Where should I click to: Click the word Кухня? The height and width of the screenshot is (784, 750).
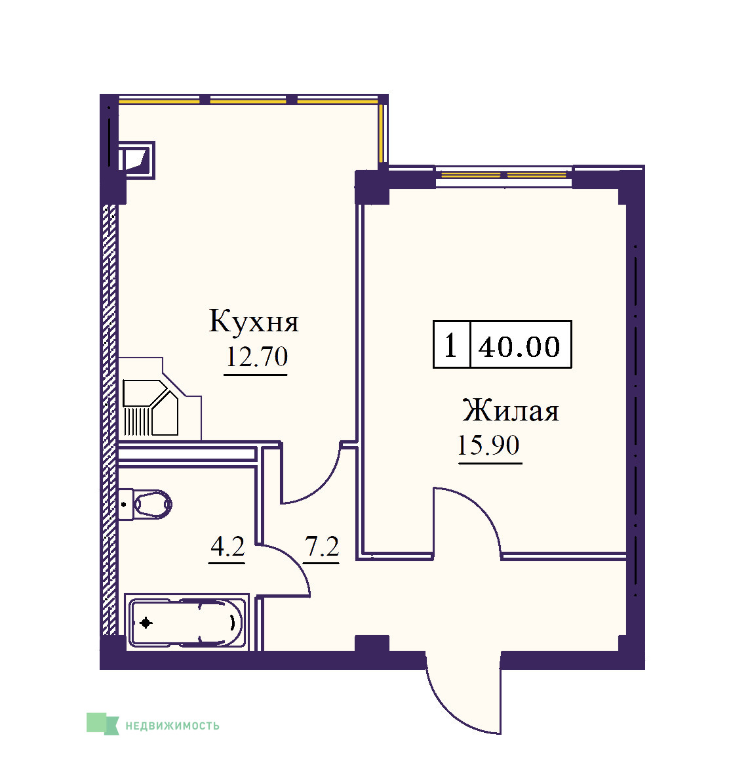(x=254, y=321)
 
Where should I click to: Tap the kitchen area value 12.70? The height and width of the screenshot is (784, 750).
(x=257, y=356)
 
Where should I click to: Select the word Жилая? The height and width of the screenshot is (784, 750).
(x=510, y=411)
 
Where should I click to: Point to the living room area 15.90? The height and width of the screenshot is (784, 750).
(x=488, y=445)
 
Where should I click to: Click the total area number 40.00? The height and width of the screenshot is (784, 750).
(x=519, y=346)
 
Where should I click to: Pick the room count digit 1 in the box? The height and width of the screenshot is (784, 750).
(x=450, y=346)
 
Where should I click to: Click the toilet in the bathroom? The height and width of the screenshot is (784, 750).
(x=146, y=504)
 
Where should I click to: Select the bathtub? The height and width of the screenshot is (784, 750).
(x=186, y=623)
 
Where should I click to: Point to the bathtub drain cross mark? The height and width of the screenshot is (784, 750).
(x=146, y=623)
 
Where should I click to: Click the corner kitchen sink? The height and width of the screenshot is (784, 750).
(x=151, y=407)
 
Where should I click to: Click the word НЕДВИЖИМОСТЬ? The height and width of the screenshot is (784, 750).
(x=172, y=726)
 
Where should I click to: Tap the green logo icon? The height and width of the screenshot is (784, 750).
(x=103, y=724)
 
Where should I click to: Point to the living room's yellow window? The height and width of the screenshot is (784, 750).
(x=503, y=175)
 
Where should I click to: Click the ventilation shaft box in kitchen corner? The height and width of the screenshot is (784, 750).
(x=136, y=160)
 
